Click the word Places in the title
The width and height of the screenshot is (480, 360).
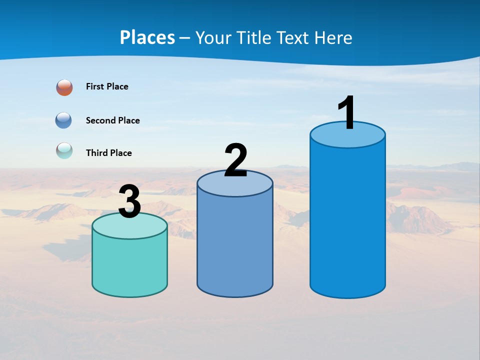pyautogui.click(x=147, y=37)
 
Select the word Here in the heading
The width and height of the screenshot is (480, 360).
pyautogui.click(x=333, y=37)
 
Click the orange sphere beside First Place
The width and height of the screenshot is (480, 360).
pyautogui.click(x=64, y=87)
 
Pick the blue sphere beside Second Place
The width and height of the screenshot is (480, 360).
pyautogui.click(x=63, y=120)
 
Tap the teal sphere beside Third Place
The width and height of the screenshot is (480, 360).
pyautogui.click(x=64, y=150)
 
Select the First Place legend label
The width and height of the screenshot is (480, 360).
pyautogui.click(x=107, y=86)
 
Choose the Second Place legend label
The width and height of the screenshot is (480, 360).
pyautogui.click(x=112, y=120)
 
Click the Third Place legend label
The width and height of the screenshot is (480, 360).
pyautogui.click(x=108, y=153)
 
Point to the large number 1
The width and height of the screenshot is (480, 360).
pyautogui.click(x=347, y=113)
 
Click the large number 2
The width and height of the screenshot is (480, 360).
pyautogui.click(x=236, y=160)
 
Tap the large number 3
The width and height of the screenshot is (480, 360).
pyautogui.click(x=129, y=202)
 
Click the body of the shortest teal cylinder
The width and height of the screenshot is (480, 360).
pyautogui.click(x=129, y=265)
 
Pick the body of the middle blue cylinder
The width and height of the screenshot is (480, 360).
pyautogui.click(x=235, y=245)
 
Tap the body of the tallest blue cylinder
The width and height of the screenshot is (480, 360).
pyautogui.click(x=347, y=220)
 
